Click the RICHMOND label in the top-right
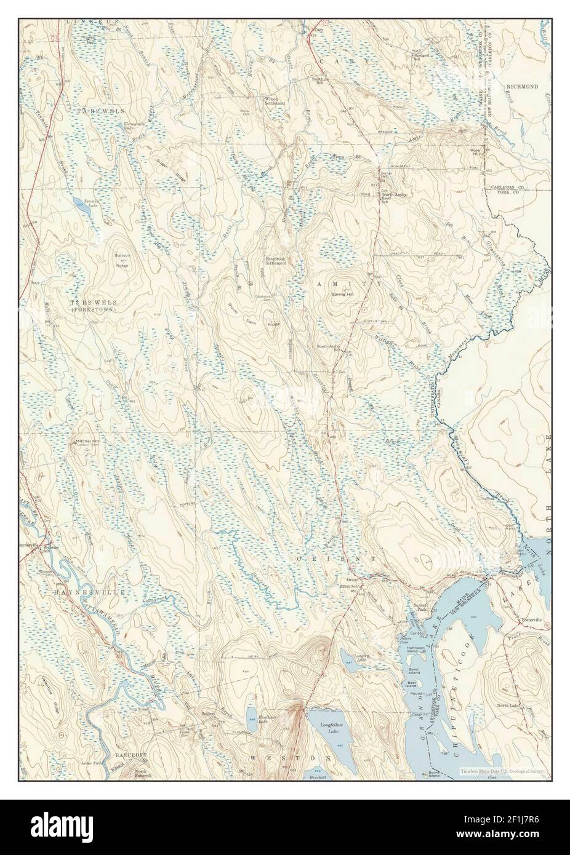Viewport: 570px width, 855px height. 522,87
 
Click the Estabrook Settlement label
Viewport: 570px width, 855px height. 278,261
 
